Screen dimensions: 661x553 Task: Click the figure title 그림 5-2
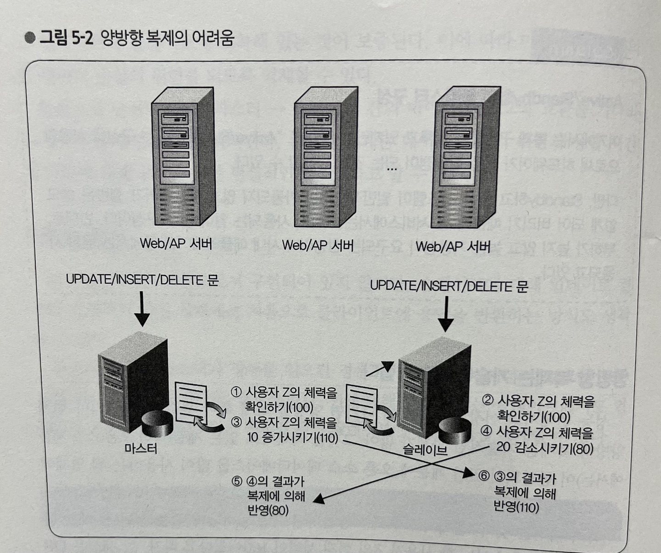click(x=66, y=38)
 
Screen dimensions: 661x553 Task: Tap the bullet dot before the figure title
click(x=30, y=38)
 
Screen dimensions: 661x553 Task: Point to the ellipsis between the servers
click(x=392, y=169)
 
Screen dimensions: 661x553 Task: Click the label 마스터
click(x=141, y=448)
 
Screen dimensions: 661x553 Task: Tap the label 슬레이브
click(x=425, y=450)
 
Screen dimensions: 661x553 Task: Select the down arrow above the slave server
click(x=445, y=315)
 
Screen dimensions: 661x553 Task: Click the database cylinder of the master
click(x=157, y=424)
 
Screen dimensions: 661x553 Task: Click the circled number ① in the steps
click(x=236, y=392)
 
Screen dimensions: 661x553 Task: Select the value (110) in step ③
click(x=327, y=438)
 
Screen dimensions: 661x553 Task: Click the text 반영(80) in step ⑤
click(x=267, y=510)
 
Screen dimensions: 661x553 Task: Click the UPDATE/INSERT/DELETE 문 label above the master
click(x=142, y=279)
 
